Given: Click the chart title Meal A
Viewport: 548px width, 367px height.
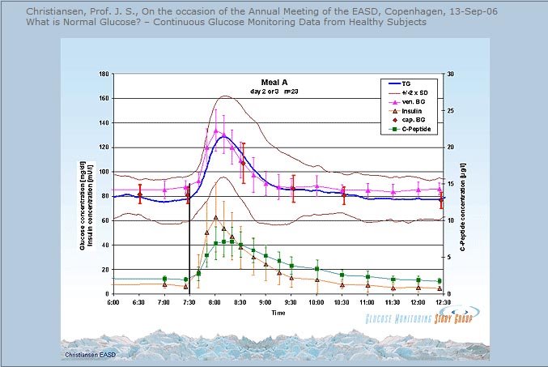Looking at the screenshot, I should coord(275,82).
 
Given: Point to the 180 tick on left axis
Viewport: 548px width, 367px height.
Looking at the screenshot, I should coord(104,74).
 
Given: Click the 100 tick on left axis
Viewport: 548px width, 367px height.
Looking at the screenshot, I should coord(104,172).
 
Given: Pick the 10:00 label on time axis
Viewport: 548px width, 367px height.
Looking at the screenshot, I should coord(316,302).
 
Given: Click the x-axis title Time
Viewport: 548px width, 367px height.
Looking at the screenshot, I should coord(278,312).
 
